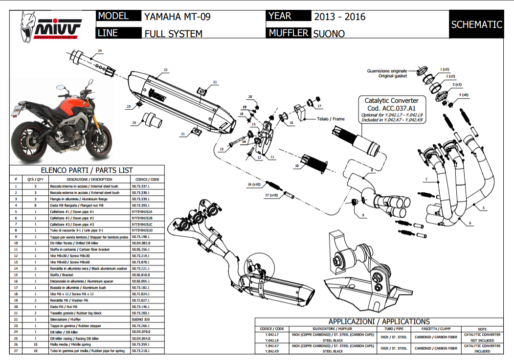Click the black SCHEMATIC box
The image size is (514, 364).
(x=476, y=24)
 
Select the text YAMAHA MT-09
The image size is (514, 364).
(x=177, y=17)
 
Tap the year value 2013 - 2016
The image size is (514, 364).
(x=339, y=17)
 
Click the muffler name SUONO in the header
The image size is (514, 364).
(x=329, y=33)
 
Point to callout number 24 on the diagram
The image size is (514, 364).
(x=100, y=51)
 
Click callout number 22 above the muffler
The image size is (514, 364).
(x=166, y=70)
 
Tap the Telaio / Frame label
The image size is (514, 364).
(x=331, y=118)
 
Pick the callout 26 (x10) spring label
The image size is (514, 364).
(x=255, y=184)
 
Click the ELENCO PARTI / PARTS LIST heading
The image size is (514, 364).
(x=87, y=171)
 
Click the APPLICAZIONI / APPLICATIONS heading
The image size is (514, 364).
(x=379, y=321)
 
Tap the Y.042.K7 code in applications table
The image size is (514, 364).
(x=272, y=345)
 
